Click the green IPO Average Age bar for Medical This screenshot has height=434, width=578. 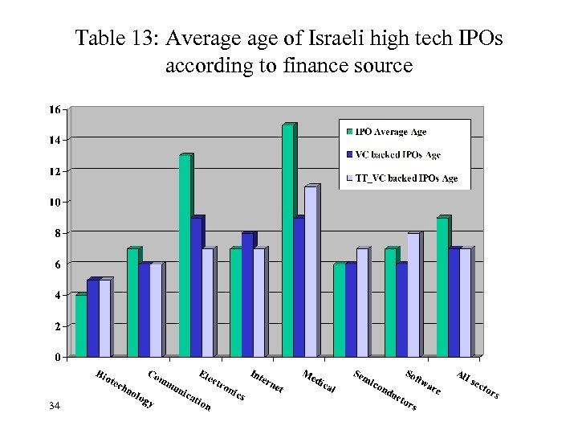[x=287, y=240]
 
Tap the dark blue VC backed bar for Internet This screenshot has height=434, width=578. [x=247, y=295]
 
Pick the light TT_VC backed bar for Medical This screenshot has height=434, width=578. [x=310, y=272]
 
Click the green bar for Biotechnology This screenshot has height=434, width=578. [x=81, y=326]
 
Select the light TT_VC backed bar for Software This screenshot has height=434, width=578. [x=413, y=295]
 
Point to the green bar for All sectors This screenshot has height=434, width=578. [x=442, y=287]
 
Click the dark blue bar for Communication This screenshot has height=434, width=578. [x=144, y=310]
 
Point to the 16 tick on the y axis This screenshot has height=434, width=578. [x=55, y=109]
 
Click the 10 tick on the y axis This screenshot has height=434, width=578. [x=55, y=202]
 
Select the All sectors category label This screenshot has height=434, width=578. [x=478, y=385]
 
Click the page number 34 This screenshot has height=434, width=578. [x=55, y=408]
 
